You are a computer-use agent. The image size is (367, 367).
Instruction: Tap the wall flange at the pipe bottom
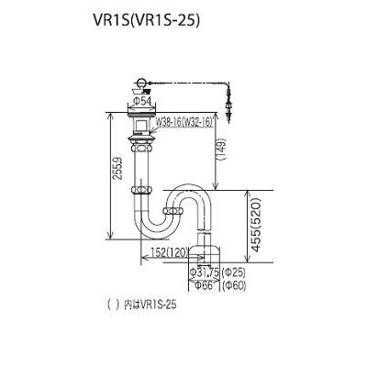(208, 245)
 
